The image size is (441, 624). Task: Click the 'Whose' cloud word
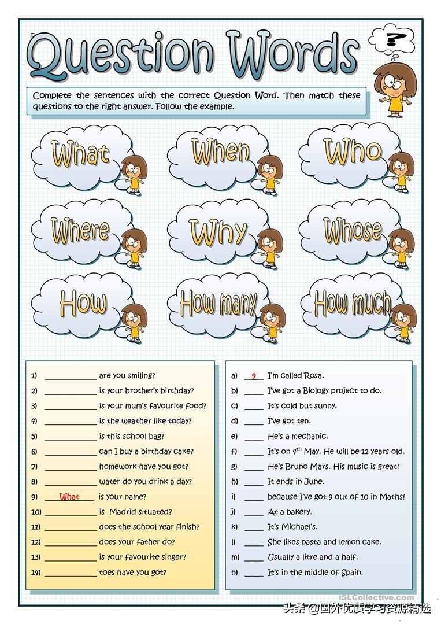tap(352, 230)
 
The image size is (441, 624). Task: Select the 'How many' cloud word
tap(218, 303)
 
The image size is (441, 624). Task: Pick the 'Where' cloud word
tap(80, 230)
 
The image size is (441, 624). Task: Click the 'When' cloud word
tap(221, 152)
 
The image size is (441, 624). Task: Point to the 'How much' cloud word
tap(352, 302)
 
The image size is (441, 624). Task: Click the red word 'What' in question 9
tap(69, 497)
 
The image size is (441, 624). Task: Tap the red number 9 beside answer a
tap(254, 376)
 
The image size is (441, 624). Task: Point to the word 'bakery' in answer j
tap(298, 512)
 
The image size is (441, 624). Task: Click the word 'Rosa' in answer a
tap(312, 376)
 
